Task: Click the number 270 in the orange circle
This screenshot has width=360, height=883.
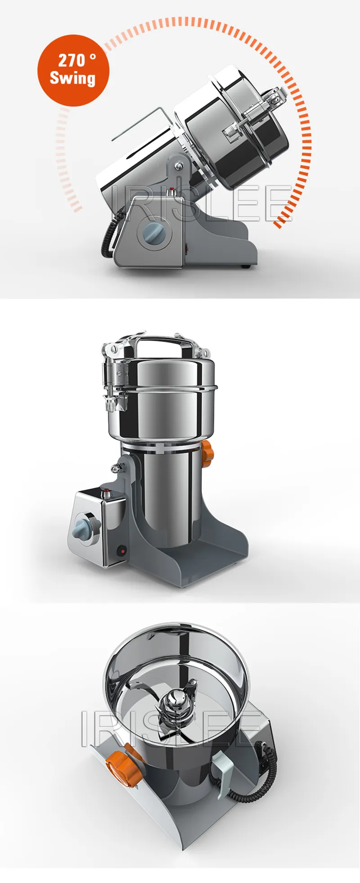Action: coord(72,60)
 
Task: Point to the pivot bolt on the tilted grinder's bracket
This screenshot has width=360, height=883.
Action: coord(180,166)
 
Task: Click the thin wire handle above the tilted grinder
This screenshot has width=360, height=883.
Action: coord(135,124)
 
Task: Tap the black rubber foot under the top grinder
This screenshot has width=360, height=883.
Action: coord(245,267)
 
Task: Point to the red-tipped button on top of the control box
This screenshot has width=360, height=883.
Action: coord(107,492)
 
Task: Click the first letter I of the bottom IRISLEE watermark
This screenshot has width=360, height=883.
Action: coord(85,730)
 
